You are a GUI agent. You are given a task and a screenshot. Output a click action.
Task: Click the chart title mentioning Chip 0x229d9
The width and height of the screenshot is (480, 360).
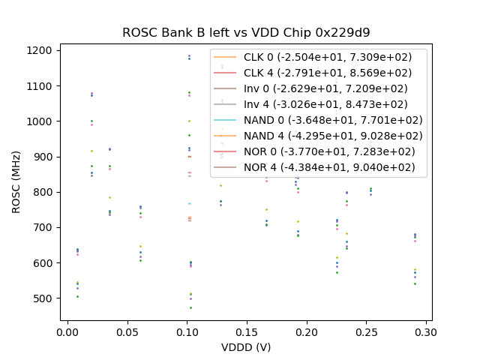click(x=246, y=33)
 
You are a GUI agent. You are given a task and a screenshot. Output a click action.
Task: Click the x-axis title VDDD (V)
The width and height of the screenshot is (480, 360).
click(x=246, y=347)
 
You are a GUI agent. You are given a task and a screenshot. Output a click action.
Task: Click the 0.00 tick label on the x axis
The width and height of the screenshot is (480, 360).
click(x=67, y=331)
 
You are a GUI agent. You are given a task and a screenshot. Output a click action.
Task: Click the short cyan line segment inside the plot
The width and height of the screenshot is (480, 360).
click(x=190, y=203)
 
